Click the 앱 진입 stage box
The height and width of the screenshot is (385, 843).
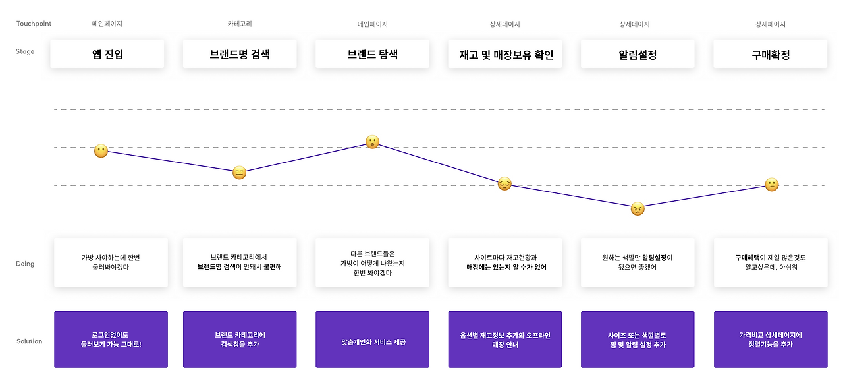coord(107,54)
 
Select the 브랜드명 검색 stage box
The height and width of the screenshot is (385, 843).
coord(240,54)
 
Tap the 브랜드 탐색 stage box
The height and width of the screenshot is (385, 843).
coord(372,54)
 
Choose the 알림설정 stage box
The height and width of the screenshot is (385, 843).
coord(638,54)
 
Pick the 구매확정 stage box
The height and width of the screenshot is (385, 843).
coord(771,54)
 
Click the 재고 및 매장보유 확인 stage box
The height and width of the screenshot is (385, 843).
coord(505,54)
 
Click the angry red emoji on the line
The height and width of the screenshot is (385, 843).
coord(638,208)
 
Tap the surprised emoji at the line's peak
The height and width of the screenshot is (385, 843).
coord(372,142)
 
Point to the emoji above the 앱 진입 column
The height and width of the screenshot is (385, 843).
coord(101,151)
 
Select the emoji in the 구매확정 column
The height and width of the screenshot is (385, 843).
coord(771,185)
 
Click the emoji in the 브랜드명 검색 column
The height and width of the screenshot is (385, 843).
coord(239,173)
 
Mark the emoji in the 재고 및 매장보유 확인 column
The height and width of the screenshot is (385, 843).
coord(504,183)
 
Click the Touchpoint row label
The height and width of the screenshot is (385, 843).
coord(34,24)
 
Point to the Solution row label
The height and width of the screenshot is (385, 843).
coord(30,341)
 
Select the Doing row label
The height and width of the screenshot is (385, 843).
coord(25,264)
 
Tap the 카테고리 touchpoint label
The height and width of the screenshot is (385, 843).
coord(240,24)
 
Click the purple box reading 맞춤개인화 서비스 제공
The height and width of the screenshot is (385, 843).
coord(372,340)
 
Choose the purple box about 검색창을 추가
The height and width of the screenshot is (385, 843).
coord(240,340)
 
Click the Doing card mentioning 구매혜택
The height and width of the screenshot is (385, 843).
coord(771,263)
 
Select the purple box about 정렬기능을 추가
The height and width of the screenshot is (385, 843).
coord(771,340)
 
